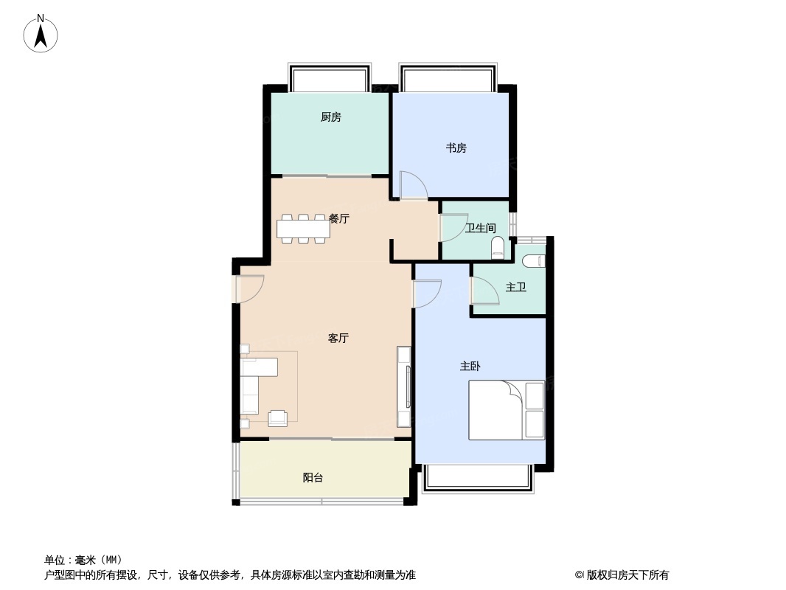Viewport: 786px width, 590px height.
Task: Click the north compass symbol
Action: [x=41, y=33]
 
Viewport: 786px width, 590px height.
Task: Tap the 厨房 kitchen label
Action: [x=331, y=117]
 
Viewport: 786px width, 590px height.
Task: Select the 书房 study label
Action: [x=456, y=148]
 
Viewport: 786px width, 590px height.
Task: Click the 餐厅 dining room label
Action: [x=339, y=218]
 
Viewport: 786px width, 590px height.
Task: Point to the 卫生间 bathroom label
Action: [x=480, y=228]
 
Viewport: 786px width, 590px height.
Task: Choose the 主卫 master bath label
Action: [x=515, y=287]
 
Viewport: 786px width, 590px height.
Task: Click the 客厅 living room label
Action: [x=338, y=339]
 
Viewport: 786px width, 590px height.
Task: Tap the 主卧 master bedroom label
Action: [x=470, y=366]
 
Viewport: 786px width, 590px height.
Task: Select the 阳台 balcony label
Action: [x=313, y=478]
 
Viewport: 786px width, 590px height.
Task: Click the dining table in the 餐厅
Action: [x=303, y=229]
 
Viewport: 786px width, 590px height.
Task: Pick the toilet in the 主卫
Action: [x=533, y=260]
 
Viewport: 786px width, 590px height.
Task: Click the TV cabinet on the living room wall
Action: [x=404, y=386]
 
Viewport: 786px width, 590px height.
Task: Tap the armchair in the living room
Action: [x=278, y=417]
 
